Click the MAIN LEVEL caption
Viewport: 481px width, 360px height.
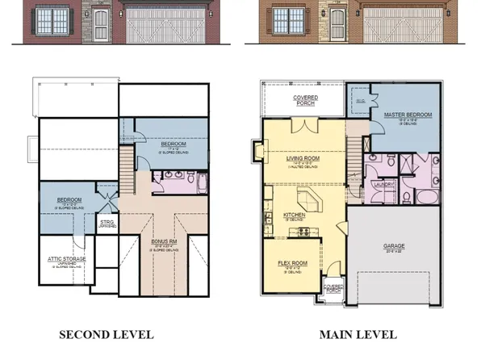point(358,333)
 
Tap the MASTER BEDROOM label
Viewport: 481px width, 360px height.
point(406,115)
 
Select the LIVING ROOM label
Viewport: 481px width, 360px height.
point(303,159)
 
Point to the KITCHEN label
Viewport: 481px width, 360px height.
point(293,215)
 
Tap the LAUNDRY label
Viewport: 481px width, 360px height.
point(383,184)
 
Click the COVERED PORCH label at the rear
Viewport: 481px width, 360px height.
point(304,101)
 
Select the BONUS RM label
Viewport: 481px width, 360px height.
point(165,241)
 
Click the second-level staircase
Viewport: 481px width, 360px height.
point(125,172)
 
